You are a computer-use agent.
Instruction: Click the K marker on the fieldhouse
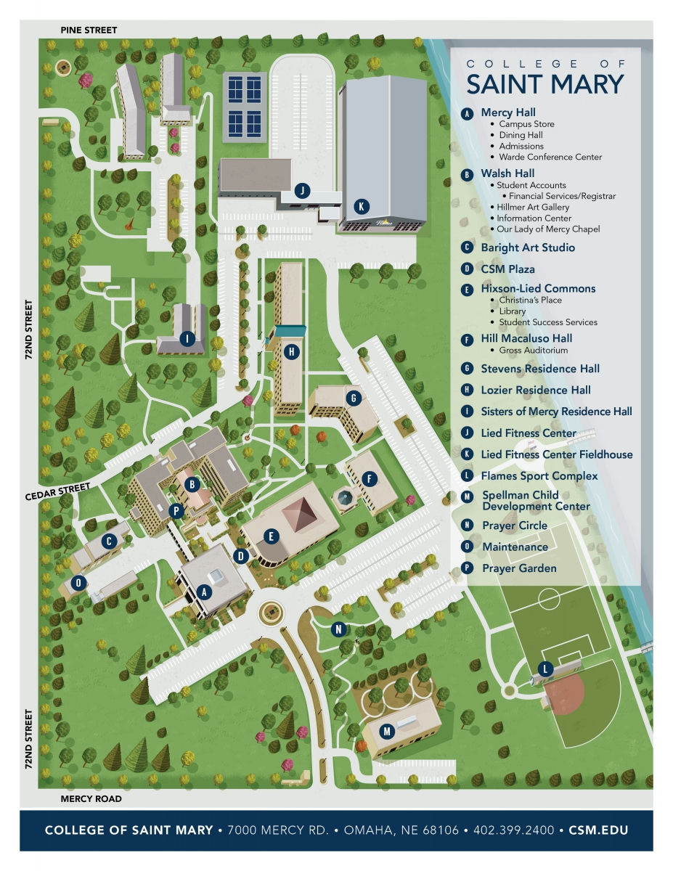point(360,206)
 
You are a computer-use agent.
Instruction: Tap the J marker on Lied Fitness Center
point(302,191)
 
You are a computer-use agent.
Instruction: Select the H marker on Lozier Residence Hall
point(291,352)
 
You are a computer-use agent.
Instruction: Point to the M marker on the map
point(387,731)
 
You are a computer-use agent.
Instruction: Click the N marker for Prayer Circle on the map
point(338,629)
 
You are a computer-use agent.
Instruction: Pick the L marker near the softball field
point(544,668)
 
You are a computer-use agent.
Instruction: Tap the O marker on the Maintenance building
point(79,582)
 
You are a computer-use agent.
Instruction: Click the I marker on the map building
point(187,338)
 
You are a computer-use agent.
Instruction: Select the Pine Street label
point(89,30)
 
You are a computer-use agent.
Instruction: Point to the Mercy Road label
point(91,798)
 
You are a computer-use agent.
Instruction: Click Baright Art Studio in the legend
point(527,248)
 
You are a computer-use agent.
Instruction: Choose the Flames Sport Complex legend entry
point(539,476)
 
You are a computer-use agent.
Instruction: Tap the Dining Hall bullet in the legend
point(521,135)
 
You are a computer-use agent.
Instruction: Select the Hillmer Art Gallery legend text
point(533,207)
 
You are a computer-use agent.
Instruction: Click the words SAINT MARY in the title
point(544,84)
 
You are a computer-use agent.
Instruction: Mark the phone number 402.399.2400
point(513,830)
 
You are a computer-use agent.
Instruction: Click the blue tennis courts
point(244,102)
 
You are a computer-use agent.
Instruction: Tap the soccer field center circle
point(549,600)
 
